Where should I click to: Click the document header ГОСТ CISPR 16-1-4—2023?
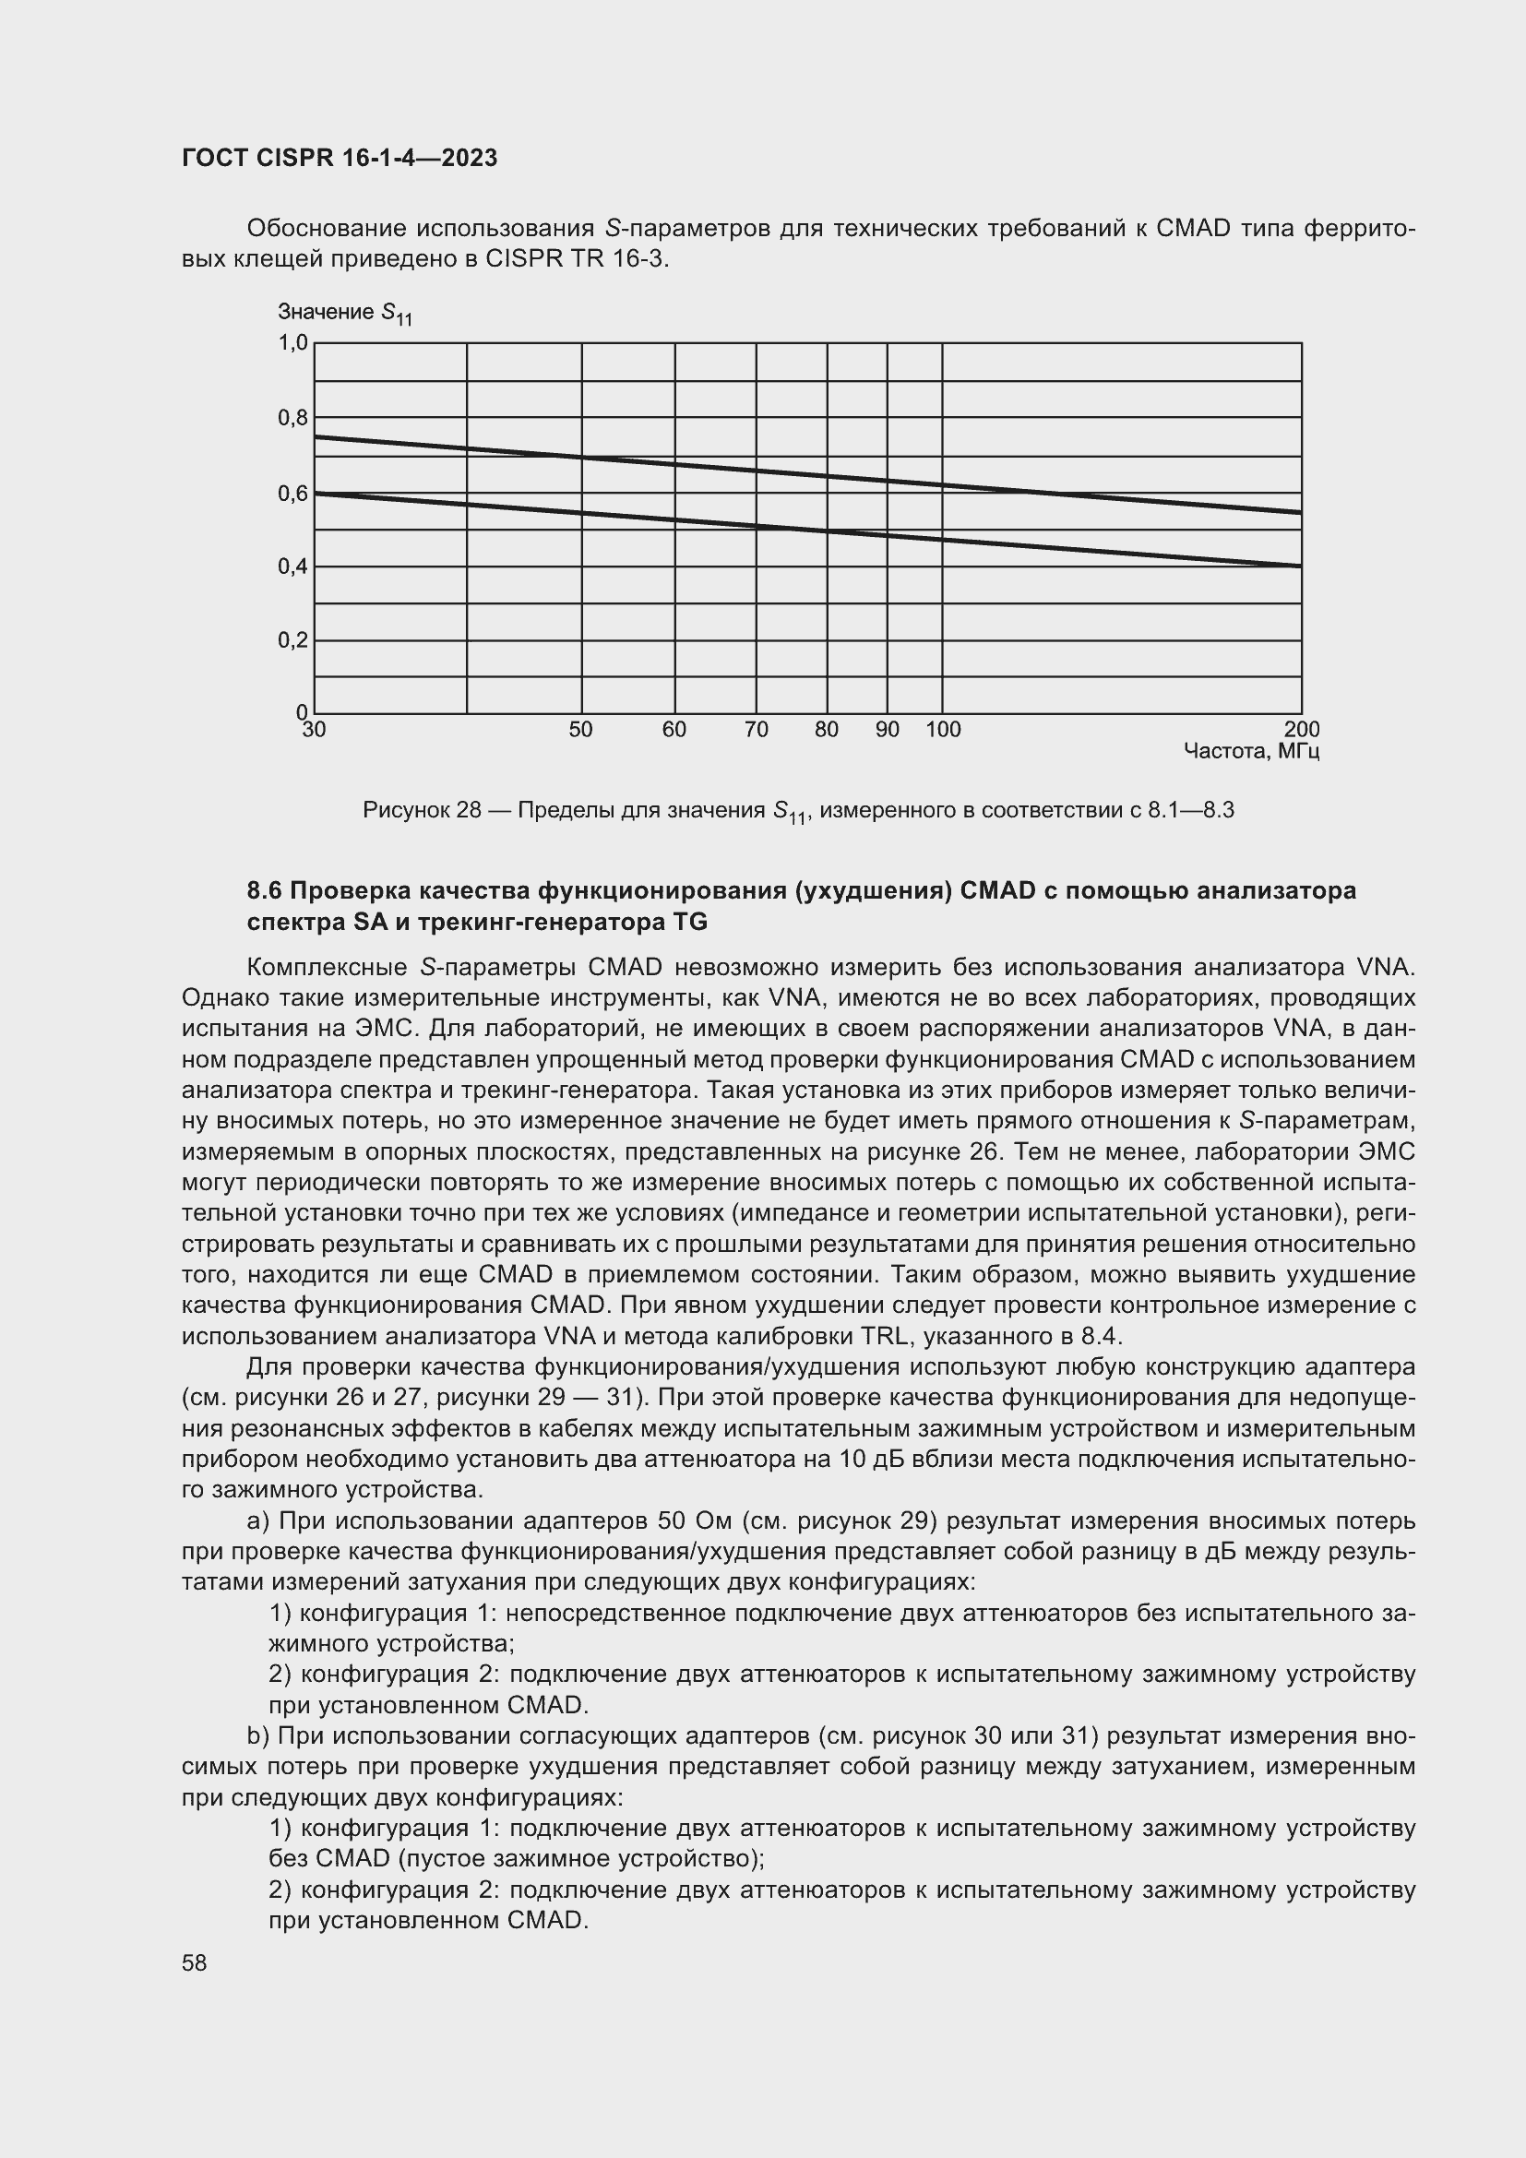coord(340,158)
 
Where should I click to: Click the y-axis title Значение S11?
coord(344,313)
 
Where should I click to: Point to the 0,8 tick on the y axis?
coord(293,417)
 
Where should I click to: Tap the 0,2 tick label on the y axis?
coord(293,640)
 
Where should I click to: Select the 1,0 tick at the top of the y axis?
coord(293,343)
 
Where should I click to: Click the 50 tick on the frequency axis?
coord(580,730)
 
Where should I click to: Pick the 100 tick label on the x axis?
coord(943,730)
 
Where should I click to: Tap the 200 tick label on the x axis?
coord(1302,730)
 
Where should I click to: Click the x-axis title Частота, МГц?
coord(1252,751)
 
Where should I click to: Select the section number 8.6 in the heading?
coord(265,890)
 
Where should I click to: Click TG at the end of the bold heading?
coord(691,923)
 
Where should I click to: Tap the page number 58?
coord(195,1963)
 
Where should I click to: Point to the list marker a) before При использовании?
coord(258,1521)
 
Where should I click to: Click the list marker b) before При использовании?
coord(258,1736)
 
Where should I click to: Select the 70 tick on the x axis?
coord(756,730)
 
